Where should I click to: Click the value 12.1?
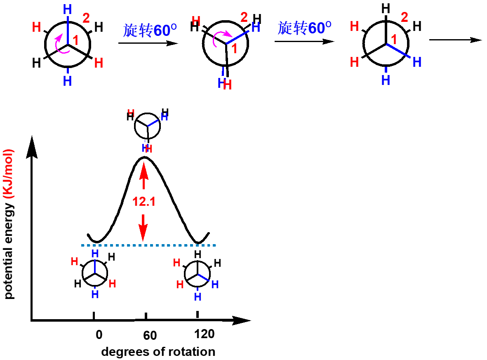click(144, 202)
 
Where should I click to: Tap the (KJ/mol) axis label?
click(9, 174)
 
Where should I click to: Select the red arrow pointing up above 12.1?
click(144, 175)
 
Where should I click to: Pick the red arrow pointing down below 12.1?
click(143, 228)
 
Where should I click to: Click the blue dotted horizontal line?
click(148, 246)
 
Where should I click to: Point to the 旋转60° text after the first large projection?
click(150, 30)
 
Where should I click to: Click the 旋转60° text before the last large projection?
click(304, 28)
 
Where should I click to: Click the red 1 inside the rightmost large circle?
click(394, 40)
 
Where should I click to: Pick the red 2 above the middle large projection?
click(244, 17)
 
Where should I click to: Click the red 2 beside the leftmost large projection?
click(86, 18)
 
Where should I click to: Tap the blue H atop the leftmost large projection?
click(68, 9)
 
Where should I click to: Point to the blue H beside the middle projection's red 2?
click(256, 27)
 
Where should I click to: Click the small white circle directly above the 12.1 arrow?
click(147, 126)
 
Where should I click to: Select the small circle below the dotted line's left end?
click(95, 273)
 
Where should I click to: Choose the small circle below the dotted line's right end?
click(197, 274)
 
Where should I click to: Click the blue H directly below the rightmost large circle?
click(386, 80)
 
